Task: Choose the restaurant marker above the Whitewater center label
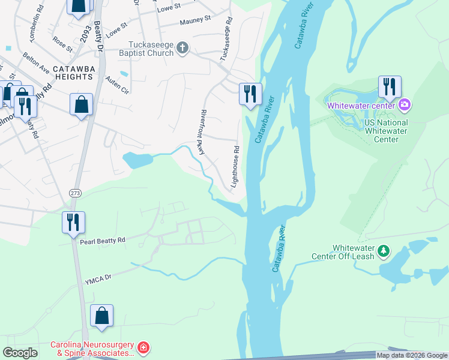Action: click(x=390, y=87)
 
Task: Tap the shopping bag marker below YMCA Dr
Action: click(x=101, y=316)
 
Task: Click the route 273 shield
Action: click(x=74, y=193)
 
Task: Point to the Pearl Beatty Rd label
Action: click(x=103, y=240)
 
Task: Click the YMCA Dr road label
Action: click(x=98, y=278)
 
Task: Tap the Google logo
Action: click(x=20, y=353)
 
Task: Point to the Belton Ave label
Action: click(x=37, y=62)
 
